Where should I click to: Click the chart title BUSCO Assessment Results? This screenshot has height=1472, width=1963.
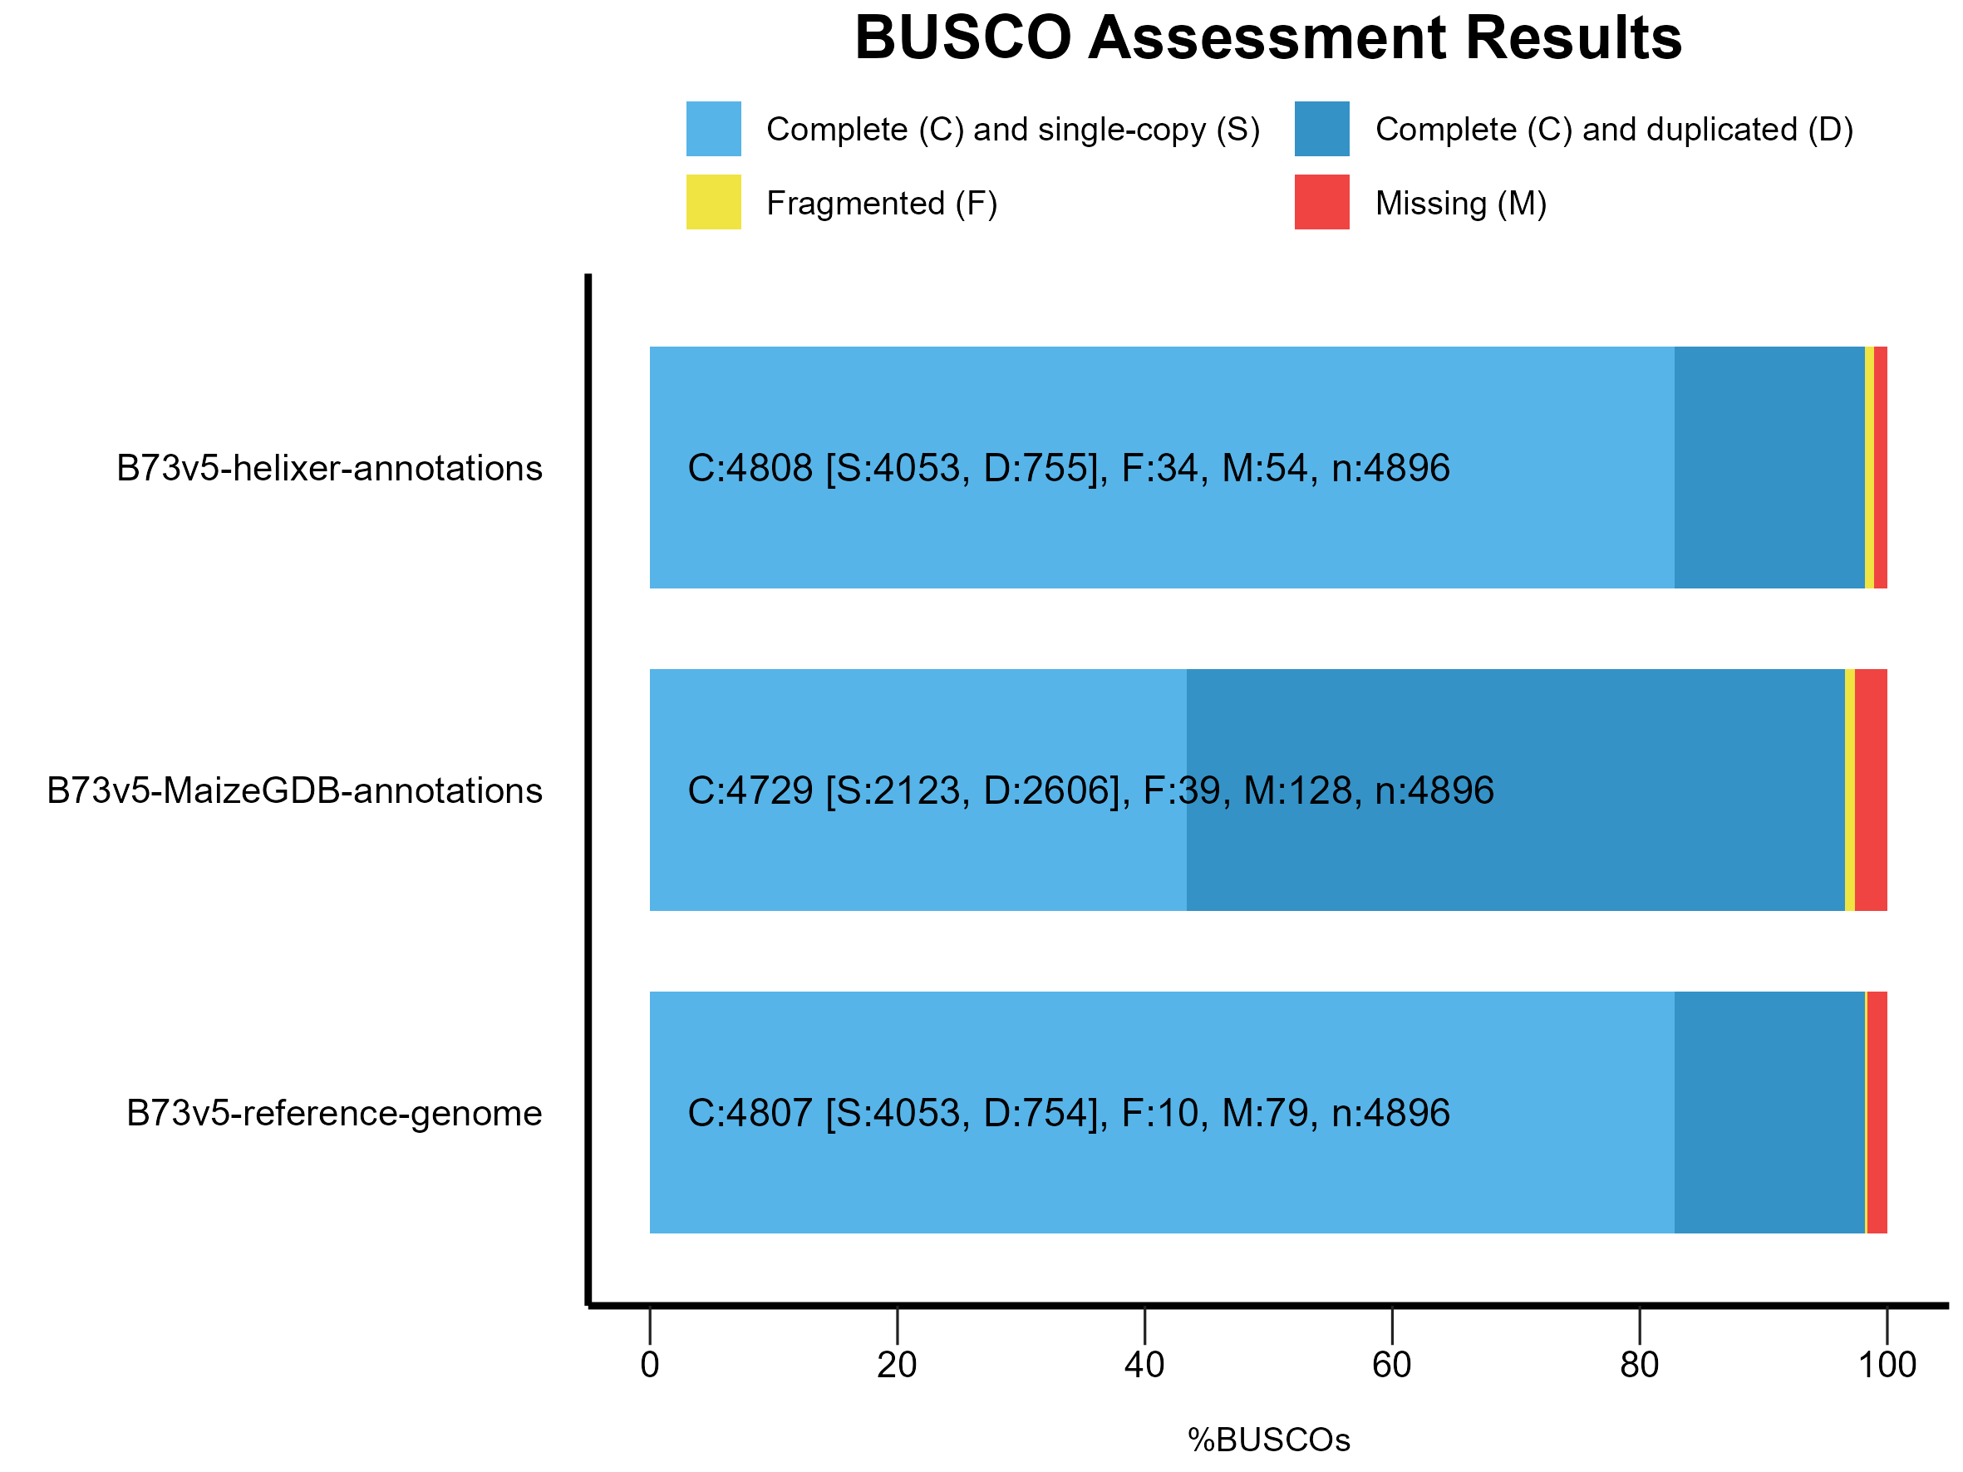click(x=1268, y=38)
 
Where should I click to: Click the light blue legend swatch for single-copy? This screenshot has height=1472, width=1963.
click(x=714, y=129)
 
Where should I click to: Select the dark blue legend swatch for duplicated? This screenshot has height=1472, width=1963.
click(x=1321, y=129)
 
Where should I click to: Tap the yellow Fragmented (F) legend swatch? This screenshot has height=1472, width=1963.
click(x=714, y=202)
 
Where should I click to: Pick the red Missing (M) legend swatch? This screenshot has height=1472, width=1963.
click(x=1321, y=202)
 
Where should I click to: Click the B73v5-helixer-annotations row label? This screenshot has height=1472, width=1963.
click(x=329, y=468)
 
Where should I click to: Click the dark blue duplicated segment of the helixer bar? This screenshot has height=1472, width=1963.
click(x=1769, y=533)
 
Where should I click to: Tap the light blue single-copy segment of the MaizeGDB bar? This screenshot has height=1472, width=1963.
click(x=914, y=852)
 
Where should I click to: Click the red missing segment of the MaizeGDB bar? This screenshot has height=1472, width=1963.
click(x=1871, y=790)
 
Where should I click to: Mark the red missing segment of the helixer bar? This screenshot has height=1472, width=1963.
click(x=1881, y=468)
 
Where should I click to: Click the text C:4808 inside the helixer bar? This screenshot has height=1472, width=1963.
click(x=750, y=468)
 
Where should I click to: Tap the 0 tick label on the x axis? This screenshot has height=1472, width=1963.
click(x=650, y=1365)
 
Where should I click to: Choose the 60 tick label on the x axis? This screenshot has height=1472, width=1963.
click(x=1391, y=1365)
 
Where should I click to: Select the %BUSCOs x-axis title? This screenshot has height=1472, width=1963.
click(x=1268, y=1440)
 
